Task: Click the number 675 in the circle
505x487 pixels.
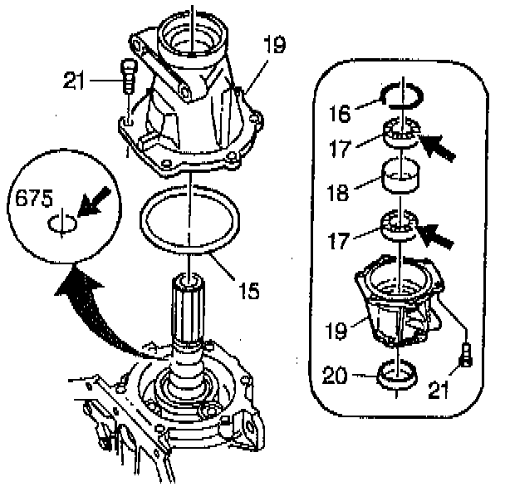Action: pyautogui.click(x=34, y=199)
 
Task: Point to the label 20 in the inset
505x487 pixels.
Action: pyautogui.click(x=359, y=375)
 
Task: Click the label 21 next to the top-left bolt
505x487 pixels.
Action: pyautogui.click(x=76, y=81)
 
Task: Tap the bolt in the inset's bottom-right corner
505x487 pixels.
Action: pyautogui.click(x=466, y=356)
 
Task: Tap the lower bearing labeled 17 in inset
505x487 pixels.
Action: pyautogui.click(x=400, y=227)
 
